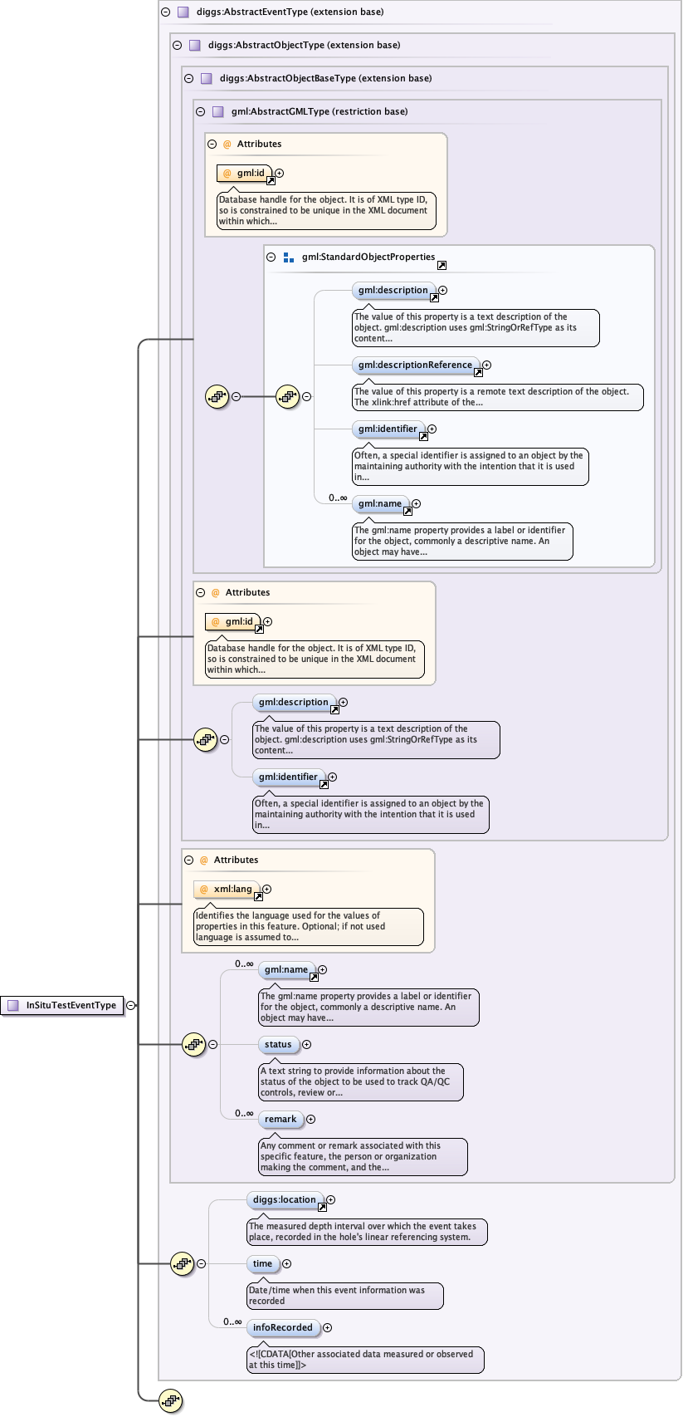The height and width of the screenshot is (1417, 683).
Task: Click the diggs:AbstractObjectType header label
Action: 304,45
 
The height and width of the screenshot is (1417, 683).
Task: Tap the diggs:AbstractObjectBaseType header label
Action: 325,78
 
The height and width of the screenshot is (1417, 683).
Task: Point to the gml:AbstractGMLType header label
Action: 319,111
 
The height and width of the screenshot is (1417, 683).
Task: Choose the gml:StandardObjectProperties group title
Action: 368,257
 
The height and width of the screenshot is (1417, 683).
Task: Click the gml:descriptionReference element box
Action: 415,365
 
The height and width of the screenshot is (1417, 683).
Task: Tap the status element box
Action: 278,1045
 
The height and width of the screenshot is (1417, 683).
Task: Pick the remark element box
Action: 281,1120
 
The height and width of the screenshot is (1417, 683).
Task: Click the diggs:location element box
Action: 284,1200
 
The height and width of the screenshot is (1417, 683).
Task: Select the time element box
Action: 262,1264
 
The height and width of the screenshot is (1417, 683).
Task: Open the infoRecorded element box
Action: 283,1328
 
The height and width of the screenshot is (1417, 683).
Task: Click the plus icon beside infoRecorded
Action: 327,1328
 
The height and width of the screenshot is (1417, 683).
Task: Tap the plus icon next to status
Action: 306,1045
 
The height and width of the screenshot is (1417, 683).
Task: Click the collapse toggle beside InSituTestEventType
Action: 131,1005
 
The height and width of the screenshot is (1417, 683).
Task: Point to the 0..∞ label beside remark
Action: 244,1113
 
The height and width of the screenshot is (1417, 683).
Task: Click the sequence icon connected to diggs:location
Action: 182,1264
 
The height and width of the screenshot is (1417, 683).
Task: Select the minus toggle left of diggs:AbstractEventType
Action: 165,12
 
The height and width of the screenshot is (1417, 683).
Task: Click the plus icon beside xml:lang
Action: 266,890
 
